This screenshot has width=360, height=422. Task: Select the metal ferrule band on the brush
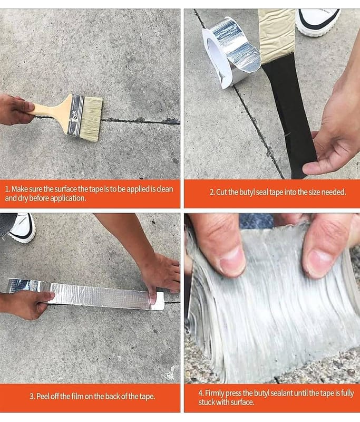coord(75,115)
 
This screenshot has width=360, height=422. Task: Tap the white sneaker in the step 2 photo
coord(317,22)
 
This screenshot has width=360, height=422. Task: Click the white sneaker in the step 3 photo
coord(23,227)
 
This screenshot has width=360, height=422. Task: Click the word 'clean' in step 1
coord(165,189)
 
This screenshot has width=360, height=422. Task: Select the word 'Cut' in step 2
coord(221,192)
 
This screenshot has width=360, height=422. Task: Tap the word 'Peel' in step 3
coord(42,396)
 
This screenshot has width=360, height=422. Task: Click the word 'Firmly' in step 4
coord(215,393)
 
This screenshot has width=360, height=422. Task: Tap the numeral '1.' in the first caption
coord(8,189)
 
